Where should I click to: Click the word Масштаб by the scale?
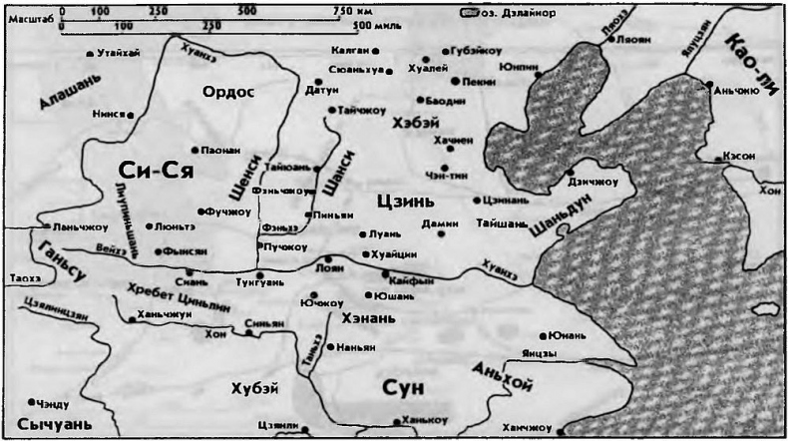coord(22,17)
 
